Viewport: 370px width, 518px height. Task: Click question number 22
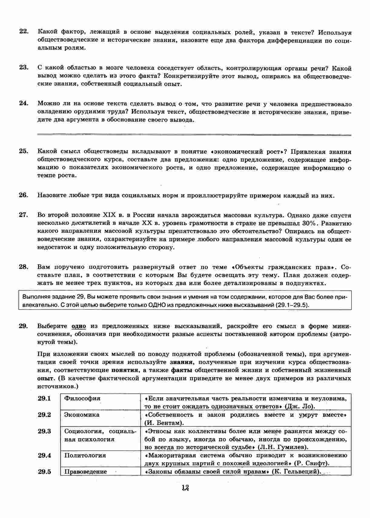click(24, 32)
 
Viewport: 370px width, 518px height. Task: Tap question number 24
click(24, 103)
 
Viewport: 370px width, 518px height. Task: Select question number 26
click(24, 195)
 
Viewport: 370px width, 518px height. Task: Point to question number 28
click(24, 267)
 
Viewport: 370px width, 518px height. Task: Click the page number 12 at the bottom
click(185, 488)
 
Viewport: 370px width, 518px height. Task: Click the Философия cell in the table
click(82, 398)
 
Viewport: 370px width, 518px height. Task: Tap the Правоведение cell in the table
click(86, 471)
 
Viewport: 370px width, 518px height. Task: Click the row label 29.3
click(45, 431)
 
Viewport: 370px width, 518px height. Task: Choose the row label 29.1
click(45, 398)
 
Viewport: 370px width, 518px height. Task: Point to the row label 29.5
click(45, 471)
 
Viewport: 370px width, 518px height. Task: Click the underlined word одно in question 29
click(79, 326)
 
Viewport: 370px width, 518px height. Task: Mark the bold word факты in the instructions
click(182, 370)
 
